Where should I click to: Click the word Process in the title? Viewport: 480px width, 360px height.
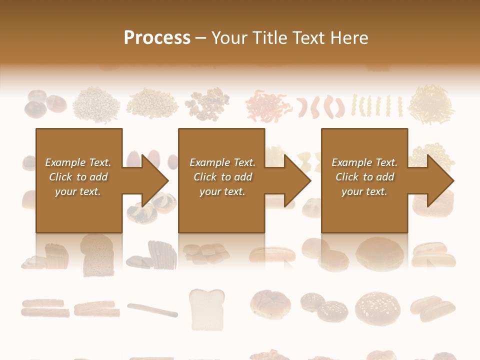157,38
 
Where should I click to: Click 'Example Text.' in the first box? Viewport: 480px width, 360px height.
78,162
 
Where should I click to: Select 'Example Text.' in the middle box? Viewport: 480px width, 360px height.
222,162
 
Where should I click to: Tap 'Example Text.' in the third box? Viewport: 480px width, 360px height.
364,162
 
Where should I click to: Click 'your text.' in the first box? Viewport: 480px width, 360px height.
78,191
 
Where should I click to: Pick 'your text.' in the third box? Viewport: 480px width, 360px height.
364,191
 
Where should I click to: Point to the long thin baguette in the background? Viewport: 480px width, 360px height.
152,309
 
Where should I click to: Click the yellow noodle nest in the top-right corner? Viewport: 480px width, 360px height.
430,104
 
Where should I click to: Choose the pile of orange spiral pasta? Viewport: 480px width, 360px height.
268,105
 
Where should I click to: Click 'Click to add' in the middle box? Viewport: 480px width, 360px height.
222,177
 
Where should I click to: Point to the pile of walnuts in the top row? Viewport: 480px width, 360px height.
206,104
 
